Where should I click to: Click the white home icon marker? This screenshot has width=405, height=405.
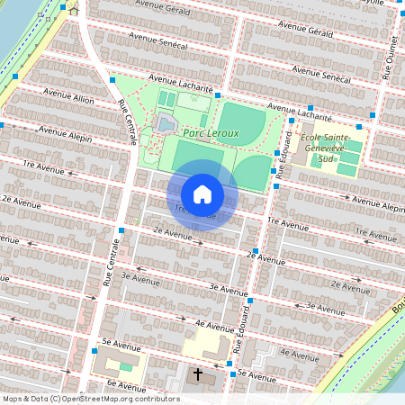tap(202, 193)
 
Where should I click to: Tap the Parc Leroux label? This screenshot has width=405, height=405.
tap(211, 133)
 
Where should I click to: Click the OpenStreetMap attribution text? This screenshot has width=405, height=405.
tap(91, 399)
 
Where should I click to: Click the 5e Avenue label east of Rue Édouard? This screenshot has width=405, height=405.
tap(256, 376)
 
